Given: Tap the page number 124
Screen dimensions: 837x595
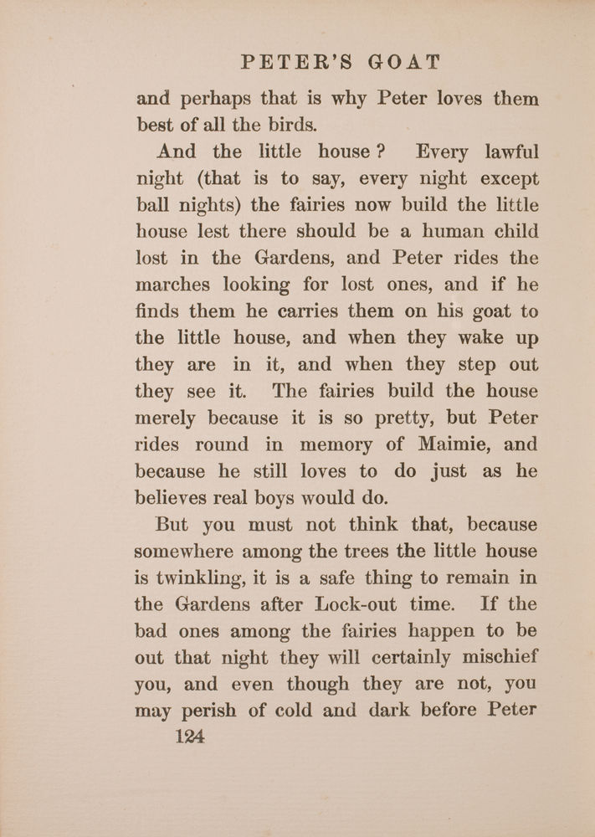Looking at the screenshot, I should coord(191,737).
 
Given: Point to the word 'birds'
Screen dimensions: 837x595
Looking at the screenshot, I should coord(289,126).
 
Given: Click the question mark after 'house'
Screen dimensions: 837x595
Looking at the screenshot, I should coord(378,152).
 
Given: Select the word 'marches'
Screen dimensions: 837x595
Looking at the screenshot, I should coord(173,285).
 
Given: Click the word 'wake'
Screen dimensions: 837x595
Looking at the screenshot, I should coord(477,338).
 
